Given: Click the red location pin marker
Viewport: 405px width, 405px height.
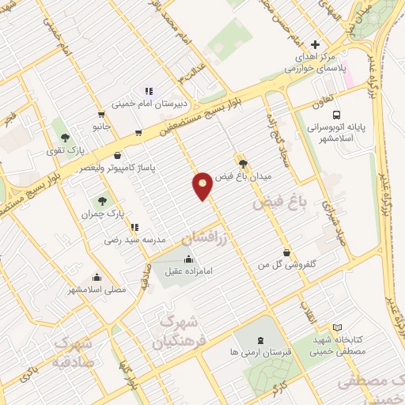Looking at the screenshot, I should (x=202, y=185).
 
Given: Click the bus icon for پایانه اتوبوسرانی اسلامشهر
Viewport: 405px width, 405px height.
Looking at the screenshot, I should (x=338, y=114).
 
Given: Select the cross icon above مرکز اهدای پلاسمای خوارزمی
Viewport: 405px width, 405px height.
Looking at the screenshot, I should (x=316, y=44).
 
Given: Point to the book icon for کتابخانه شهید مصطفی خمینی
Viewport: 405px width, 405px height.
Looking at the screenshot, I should (x=338, y=327).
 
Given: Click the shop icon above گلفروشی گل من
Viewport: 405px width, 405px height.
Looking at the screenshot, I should (x=286, y=253).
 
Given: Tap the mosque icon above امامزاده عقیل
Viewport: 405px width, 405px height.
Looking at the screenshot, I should (x=188, y=259).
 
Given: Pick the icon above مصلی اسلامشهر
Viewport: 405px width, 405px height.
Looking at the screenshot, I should (x=97, y=277).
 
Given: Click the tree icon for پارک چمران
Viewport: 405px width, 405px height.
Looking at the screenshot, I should (x=102, y=200).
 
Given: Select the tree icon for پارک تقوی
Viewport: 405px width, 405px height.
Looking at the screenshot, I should (x=76, y=136).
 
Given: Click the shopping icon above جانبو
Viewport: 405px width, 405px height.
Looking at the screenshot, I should (x=100, y=114).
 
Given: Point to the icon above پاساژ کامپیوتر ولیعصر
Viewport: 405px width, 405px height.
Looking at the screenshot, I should (x=118, y=156).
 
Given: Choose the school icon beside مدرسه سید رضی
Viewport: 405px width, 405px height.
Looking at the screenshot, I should (x=134, y=227).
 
